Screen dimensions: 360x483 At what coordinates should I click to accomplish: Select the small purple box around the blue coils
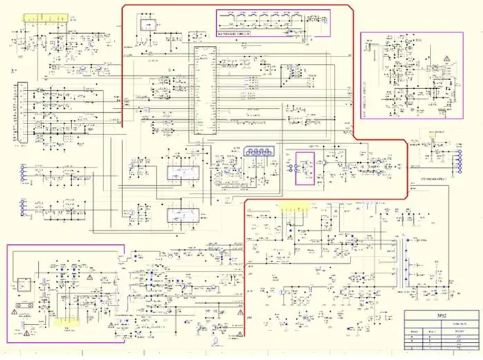(x=304, y=168)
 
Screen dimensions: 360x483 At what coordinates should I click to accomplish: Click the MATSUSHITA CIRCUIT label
(x=233, y=32)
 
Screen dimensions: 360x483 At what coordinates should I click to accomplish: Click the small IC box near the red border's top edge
(x=147, y=25)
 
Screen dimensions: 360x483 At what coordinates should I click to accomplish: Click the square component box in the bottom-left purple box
(x=25, y=283)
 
